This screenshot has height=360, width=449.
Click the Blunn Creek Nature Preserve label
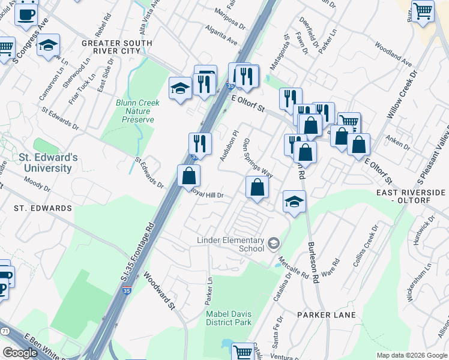137,111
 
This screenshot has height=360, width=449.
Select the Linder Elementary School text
231,244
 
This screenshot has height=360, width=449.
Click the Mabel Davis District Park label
228,318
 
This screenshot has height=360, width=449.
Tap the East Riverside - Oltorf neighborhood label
411,196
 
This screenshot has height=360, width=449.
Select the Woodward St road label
159,292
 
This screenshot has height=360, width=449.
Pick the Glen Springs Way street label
258,158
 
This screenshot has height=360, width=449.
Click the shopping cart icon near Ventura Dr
243,352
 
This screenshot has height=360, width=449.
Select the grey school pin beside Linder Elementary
274,243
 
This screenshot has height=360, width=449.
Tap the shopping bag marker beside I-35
189,176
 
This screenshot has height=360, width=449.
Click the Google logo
19,353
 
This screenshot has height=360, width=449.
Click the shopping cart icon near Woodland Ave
423,10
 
